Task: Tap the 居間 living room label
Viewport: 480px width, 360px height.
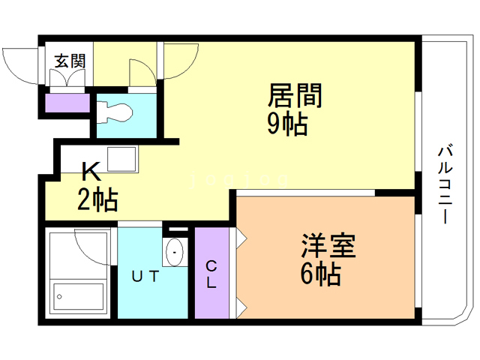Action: (295, 96)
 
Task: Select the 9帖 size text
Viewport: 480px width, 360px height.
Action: (287, 124)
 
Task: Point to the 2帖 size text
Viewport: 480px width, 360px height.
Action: (97, 200)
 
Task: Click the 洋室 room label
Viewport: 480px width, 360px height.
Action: (328, 246)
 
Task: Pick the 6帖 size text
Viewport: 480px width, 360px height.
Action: (320, 274)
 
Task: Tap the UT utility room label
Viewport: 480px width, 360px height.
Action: (146, 276)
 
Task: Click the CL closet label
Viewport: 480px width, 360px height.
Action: (211, 274)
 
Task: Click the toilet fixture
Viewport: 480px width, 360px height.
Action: (117, 112)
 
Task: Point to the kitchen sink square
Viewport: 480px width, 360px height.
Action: (121, 160)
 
